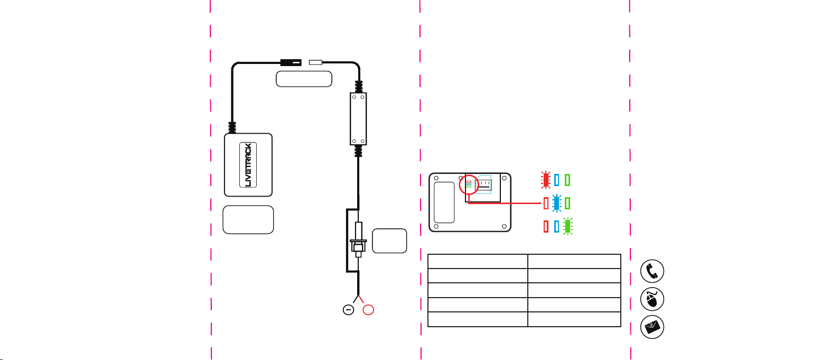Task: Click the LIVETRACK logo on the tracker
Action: click(x=248, y=165)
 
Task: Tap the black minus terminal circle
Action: click(x=348, y=310)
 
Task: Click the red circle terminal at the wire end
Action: click(x=368, y=310)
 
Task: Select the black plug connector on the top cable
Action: click(x=290, y=62)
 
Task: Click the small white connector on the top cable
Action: click(x=315, y=62)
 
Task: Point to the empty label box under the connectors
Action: click(x=304, y=79)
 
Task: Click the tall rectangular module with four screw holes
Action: click(x=358, y=118)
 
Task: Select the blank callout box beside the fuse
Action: click(x=389, y=241)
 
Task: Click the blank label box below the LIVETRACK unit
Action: click(x=248, y=219)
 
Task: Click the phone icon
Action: click(x=652, y=271)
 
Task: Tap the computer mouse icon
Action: click(x=652, y=299)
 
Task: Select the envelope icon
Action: click(x=652, y=327)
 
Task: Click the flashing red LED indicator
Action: click(x=546, y=180)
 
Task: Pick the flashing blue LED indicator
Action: click(x=556, y=203)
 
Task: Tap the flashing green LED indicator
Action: click(x=567, y=226)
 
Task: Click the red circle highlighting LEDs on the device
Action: click(x=469, y=184)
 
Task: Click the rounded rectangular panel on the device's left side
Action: click(x=444, y=202)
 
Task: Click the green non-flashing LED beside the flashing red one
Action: click(x=567, y=180)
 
